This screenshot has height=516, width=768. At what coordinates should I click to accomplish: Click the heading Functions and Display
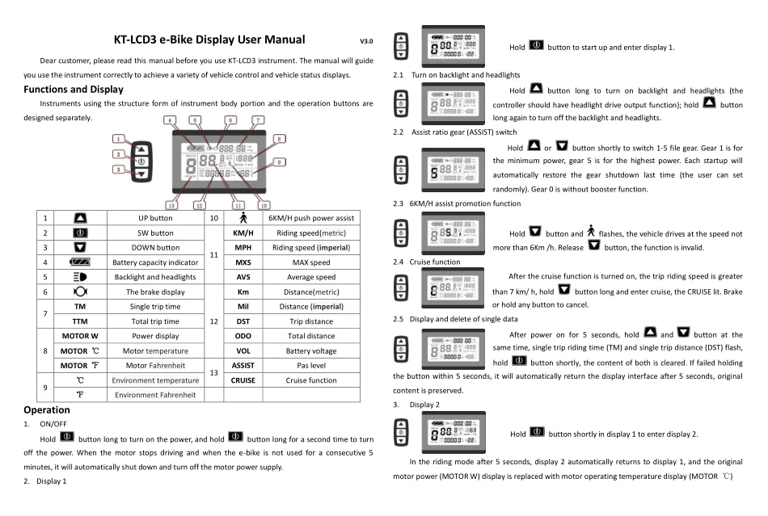click(77, 89)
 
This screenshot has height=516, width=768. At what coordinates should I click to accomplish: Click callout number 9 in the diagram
click(281, 162)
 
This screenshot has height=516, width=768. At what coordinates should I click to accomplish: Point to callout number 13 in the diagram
click(171, 205)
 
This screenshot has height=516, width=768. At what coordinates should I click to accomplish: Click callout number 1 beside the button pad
click(118, 139)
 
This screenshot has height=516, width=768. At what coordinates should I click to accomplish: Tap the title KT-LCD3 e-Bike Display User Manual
click(211, 39)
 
